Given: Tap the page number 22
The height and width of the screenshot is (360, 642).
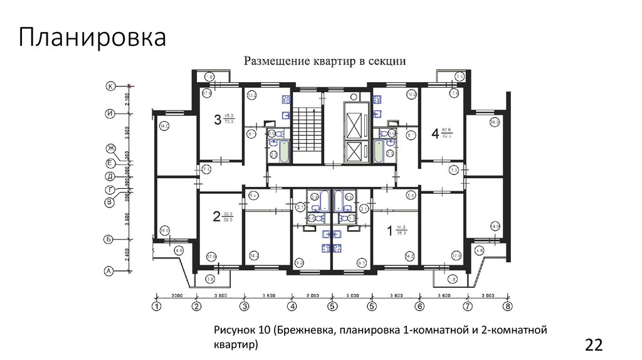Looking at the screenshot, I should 593,344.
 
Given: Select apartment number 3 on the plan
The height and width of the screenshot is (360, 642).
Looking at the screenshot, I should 218,119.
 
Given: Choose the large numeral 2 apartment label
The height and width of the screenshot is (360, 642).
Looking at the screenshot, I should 216,217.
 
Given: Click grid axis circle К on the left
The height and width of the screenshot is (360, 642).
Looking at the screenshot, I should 110,87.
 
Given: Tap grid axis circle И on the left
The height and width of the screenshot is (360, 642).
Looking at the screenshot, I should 109,114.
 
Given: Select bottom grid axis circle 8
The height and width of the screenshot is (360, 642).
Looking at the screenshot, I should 508,307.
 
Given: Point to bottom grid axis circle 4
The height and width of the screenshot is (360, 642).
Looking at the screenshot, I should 292,307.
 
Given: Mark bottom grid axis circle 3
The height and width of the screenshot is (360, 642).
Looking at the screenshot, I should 244,307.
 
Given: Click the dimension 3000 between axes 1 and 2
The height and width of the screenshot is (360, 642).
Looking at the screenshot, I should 176,295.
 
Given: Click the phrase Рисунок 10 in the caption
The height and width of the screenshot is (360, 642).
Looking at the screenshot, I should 242,330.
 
